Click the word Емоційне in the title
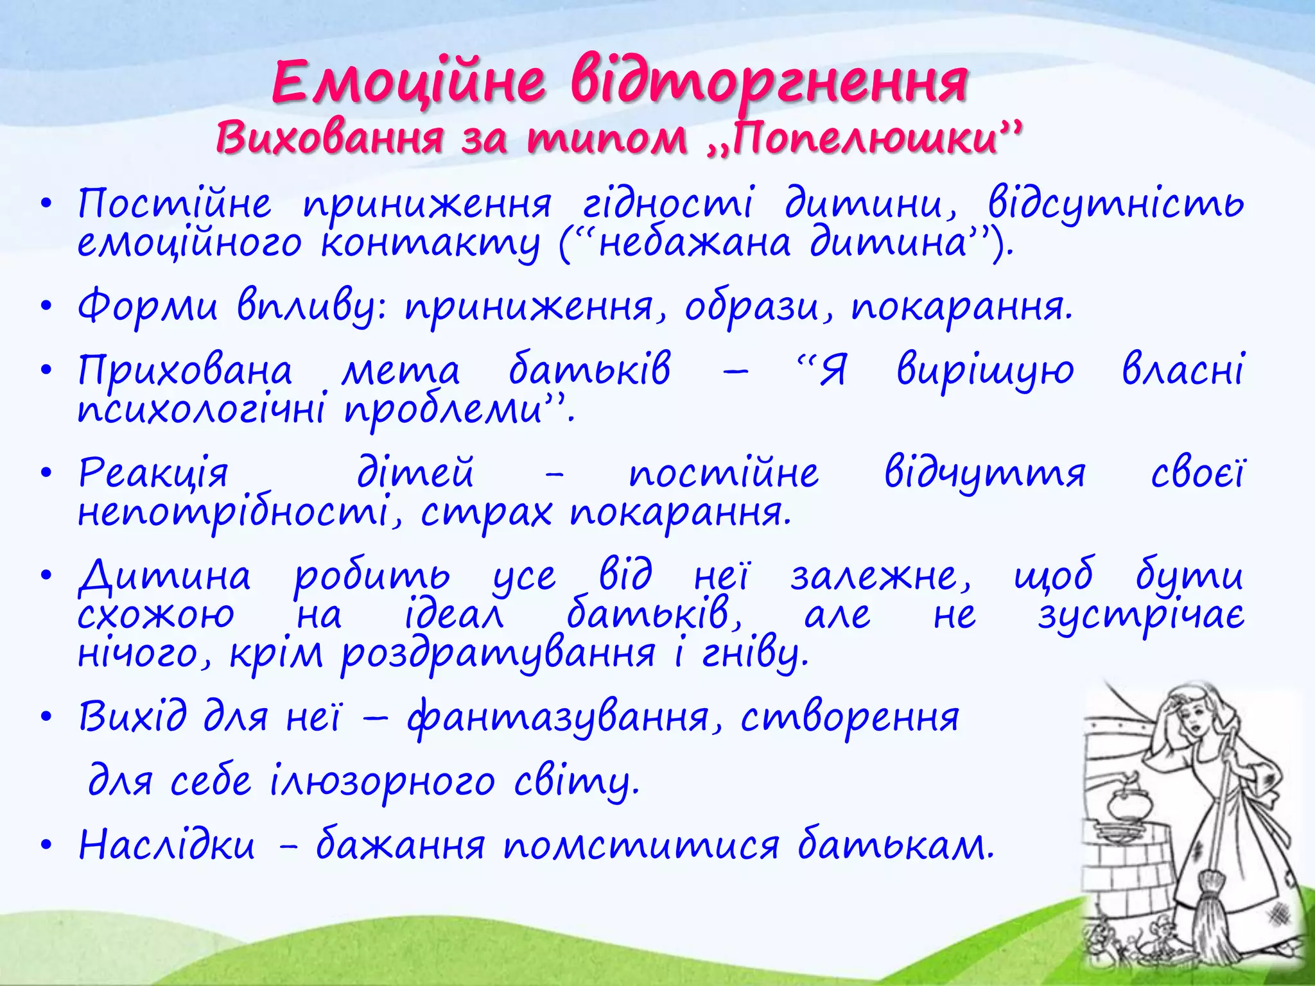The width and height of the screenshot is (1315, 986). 409,82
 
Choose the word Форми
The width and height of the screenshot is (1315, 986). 148,307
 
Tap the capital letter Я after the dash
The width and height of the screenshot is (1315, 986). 833,371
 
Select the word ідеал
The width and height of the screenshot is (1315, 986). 453,615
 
